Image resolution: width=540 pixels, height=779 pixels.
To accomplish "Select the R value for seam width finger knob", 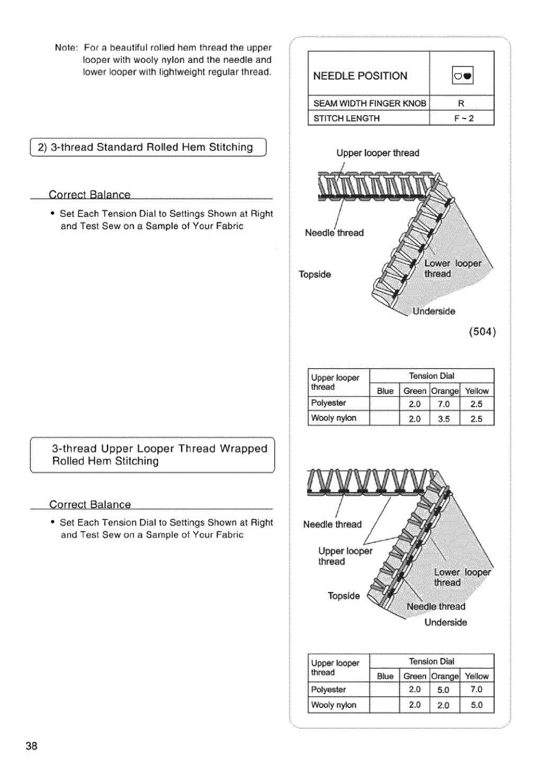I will (x=461, y=104).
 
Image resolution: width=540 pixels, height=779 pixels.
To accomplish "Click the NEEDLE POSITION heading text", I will (x=360, y=76).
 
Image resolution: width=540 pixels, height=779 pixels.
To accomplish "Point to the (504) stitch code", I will (x=481, y=332).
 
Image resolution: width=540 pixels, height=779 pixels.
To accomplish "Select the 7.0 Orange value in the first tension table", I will (x=443, y=404).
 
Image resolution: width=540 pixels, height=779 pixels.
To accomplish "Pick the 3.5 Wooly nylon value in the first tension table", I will (x=444, y=419).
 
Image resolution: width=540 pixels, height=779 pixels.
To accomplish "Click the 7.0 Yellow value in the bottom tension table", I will (x=476, y=689).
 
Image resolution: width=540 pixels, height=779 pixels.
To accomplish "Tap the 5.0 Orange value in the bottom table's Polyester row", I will (x=443, y=690).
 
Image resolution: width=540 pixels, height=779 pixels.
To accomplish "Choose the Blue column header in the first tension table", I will (x=385, y=391).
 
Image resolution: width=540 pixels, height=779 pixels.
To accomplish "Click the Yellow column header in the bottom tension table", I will (x=476, y=676).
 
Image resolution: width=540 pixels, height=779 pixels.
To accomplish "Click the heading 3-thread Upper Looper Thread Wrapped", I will (x=159, y=449).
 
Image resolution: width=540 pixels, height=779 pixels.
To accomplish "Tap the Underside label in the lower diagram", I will (x=445, y=622).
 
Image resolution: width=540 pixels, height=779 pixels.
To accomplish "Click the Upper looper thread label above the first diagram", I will (x=377, y=153).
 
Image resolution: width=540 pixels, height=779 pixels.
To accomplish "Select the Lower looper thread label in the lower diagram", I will (x=462, y=577).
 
